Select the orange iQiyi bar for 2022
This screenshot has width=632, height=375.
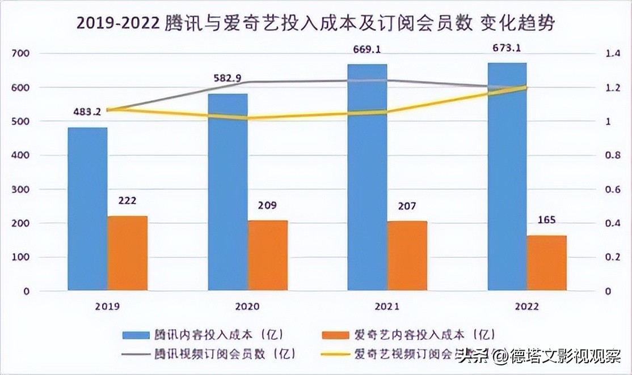coord(546,263)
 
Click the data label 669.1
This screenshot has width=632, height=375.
coord(366,50)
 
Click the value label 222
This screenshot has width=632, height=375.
coord(128,201)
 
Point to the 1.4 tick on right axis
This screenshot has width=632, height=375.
coord(612,54)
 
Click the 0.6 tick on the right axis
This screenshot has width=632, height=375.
coord(612,190)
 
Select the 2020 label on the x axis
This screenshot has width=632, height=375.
coord(247,306)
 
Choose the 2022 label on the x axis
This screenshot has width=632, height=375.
coord(527,306)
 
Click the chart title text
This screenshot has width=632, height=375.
coord(315,23)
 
